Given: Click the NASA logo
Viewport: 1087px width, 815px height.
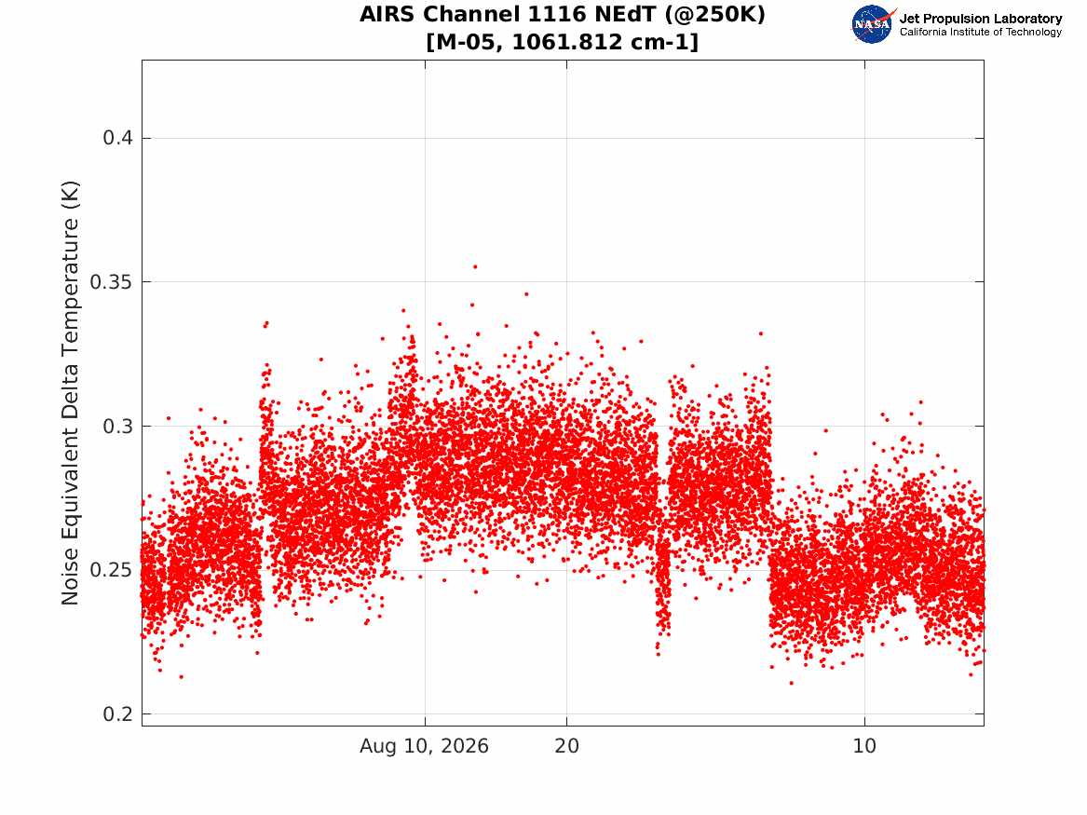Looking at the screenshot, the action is point(873,24).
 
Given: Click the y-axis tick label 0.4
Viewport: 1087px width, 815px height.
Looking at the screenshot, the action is point(118,138).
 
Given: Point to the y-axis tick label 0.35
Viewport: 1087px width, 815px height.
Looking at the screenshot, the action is point(111,282).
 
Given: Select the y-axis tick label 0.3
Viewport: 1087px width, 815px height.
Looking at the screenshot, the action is point(118,427).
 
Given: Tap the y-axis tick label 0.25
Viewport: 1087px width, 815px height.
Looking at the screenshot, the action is point(111,570).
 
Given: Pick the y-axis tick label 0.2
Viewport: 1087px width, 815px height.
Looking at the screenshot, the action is point(118,713).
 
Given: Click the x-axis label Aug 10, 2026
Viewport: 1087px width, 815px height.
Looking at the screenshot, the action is point(424,746).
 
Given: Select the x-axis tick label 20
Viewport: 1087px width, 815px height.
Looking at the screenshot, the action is point(566,746).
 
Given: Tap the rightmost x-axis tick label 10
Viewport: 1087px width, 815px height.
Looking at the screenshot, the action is point(864,746).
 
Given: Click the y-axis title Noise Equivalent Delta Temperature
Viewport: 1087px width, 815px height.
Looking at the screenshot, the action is point(71,393).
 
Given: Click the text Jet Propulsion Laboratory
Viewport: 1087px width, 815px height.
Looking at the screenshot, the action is point(981,19).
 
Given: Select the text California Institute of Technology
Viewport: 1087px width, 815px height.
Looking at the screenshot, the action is point(981,32).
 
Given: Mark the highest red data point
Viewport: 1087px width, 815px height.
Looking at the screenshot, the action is point(475,266).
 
